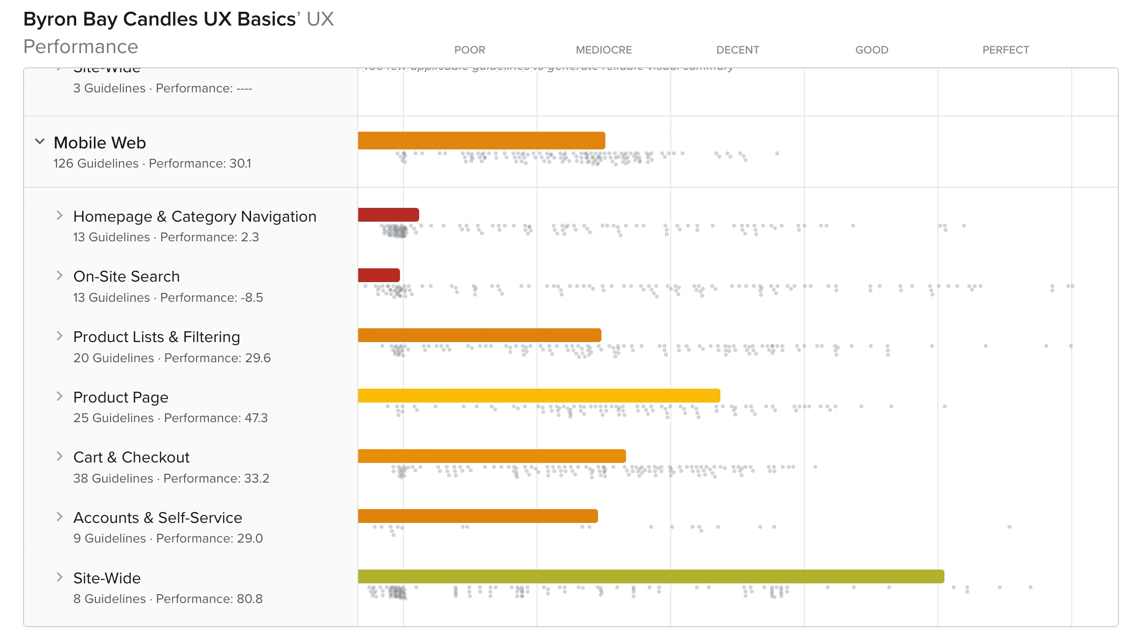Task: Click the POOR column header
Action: (469, 50)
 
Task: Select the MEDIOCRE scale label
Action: (603, 50)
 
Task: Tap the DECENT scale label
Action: (737, 50)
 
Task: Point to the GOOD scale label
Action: (871, 50)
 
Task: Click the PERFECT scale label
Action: (1005, 50)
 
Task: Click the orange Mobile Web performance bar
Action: (482, 141)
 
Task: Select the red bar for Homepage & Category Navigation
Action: (388, 215)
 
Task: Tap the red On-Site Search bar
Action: (379, 275)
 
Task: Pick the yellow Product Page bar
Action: (539, 396)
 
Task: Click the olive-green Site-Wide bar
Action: (651, 576)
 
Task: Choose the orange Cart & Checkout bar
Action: (492, 456)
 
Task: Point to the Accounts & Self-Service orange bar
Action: (478, 516)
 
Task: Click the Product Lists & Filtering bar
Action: (480, 335)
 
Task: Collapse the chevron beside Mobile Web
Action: (40, 142)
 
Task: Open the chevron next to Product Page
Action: (59, 396)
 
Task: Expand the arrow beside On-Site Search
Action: (59, 276)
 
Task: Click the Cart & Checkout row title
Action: (131, 457)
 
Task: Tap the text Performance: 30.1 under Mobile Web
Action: (199, 164)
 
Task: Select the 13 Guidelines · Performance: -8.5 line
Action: (168, 298)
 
